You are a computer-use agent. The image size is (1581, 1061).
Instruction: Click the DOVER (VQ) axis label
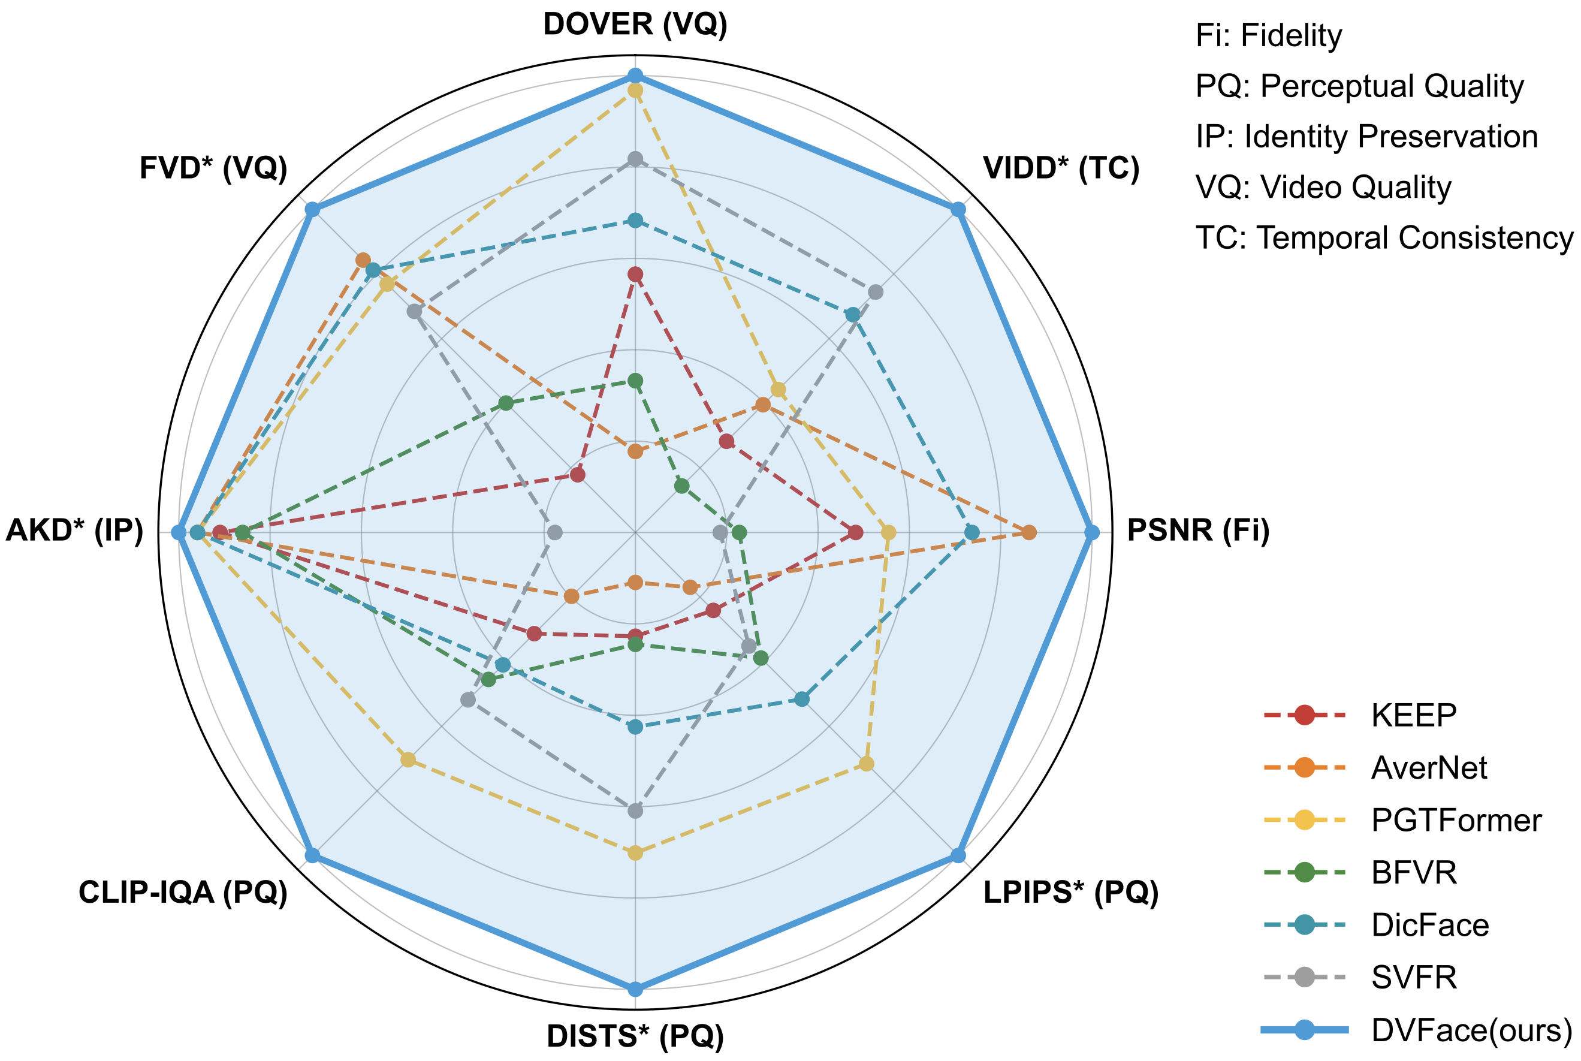pos(635,25)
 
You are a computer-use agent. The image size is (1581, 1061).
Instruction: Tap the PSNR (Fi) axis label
pos(1198,530)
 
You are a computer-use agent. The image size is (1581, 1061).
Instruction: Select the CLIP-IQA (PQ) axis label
pos(183,893)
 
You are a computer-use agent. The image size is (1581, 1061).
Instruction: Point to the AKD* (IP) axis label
pos(74,530)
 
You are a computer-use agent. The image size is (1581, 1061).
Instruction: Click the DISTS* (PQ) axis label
pos(635,1036)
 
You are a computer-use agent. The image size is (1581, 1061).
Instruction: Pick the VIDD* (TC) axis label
pos(1061,168)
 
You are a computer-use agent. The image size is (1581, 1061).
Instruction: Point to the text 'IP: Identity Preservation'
pos(1366,137)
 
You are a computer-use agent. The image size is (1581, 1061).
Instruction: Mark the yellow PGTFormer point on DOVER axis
pos(635,90)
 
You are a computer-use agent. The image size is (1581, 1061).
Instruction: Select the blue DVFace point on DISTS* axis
pos(635,989)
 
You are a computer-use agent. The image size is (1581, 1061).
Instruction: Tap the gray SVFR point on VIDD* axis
pos(876,293)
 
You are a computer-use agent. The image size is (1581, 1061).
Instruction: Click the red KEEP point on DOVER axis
pos(635,274)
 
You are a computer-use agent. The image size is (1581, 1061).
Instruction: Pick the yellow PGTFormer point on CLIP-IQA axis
pos(408,760)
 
